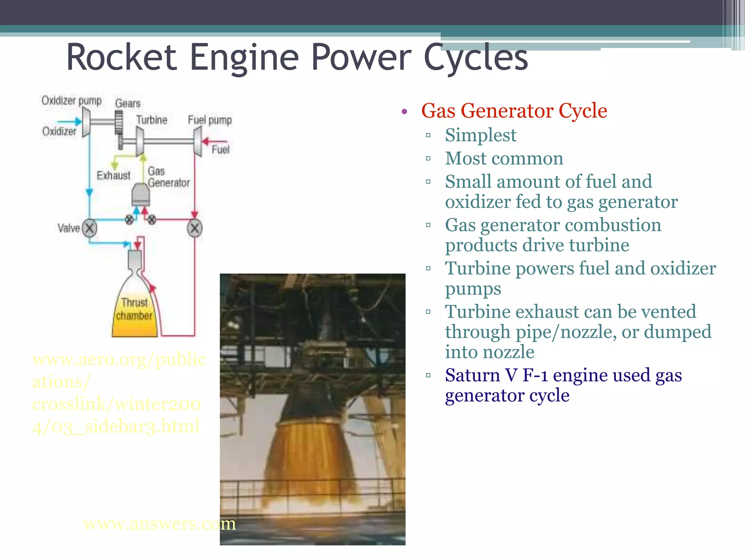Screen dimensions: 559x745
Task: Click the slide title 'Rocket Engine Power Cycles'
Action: [x=296, y=58]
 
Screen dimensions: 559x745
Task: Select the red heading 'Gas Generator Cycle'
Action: [x=514, y=111]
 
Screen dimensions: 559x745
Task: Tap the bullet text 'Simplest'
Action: [x=480, y=135]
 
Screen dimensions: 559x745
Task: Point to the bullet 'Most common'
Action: [x=504, y=158]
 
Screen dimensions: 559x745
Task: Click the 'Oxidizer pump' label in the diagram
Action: [x=71, y=100]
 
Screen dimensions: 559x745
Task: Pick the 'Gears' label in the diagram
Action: [x=128, y=104]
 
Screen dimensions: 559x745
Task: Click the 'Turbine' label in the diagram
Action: [x=151, y=120]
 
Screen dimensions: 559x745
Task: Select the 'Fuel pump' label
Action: [x=210, y=120]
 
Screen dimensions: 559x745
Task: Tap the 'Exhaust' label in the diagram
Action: [x=113, y=175]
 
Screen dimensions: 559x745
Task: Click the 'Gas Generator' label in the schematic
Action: [x=168, y=177]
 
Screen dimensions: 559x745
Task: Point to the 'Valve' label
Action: [x=68, y=228]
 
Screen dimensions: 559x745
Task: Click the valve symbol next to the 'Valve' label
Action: [x=89, y=228]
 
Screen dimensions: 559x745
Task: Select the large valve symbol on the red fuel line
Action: [x=195, y=229]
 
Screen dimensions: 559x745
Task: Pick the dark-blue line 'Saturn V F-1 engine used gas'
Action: [x=563, y=375]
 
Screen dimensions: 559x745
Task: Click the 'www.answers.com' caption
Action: [x=159, y=524]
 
